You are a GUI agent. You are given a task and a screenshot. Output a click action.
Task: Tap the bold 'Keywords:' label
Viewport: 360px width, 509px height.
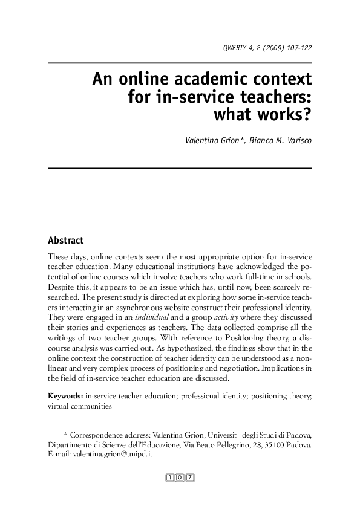pos(65,396)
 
